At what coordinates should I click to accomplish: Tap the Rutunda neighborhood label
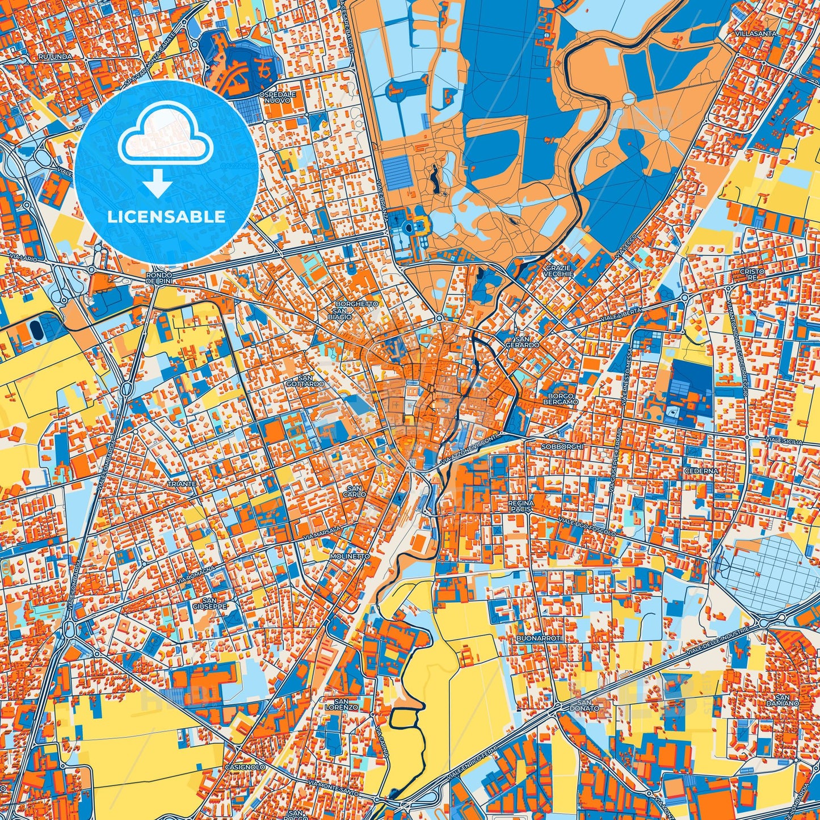coord(55,57)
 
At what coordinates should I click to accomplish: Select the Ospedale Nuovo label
coord(277,97)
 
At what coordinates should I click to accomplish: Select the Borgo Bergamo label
coord(562,398)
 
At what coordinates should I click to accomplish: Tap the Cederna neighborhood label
coord(701,470)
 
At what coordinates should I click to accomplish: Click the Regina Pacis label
coord(520,506)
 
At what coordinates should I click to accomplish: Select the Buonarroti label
coord(539,638)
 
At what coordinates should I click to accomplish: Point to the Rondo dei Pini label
coord(158,278)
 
